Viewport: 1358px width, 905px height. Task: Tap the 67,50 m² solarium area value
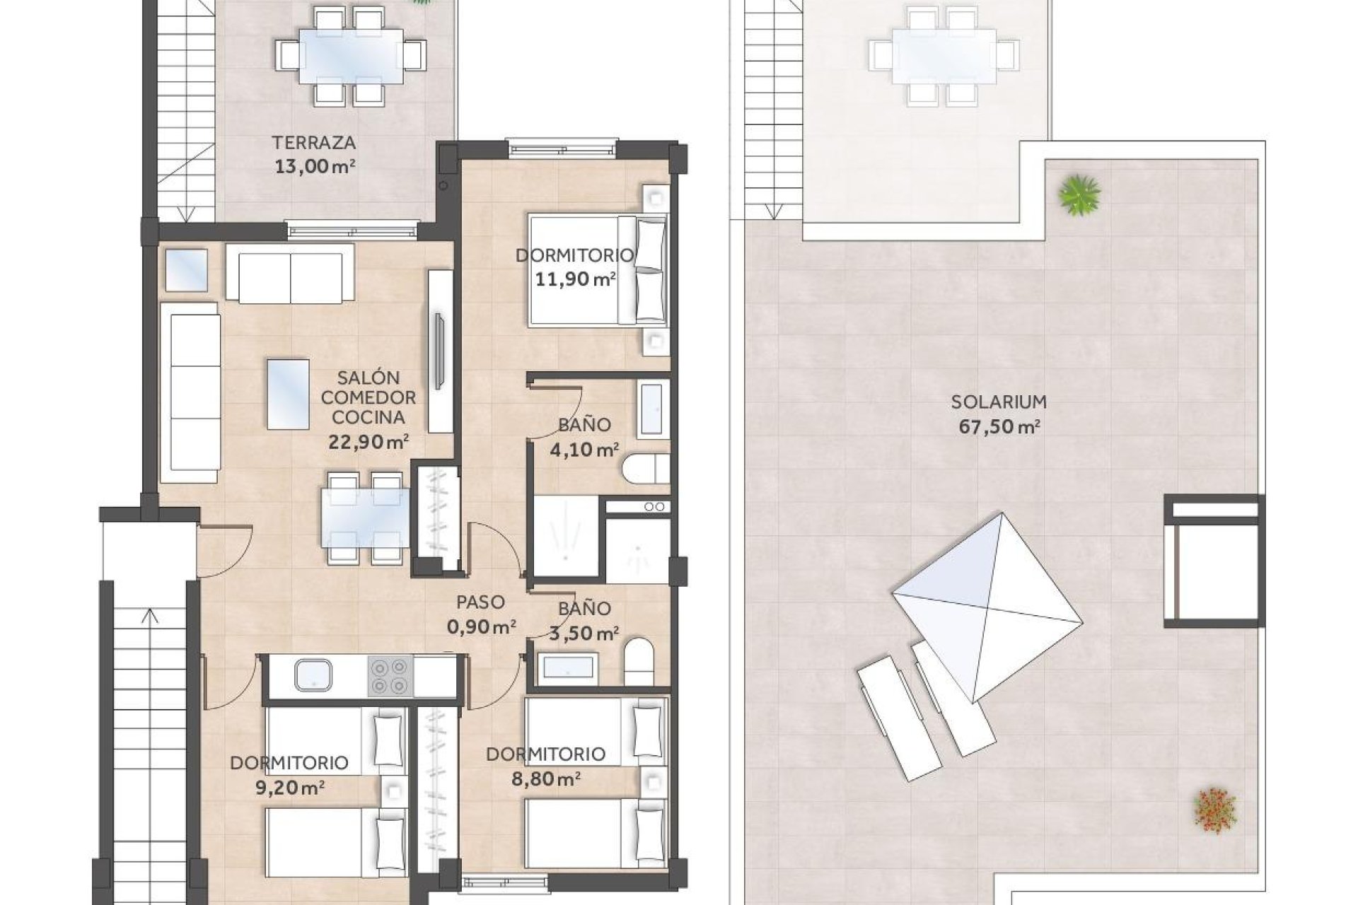pos(999,427)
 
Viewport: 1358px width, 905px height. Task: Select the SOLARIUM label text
pos(998,402)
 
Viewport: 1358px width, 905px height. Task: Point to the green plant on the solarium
pos(1079,194)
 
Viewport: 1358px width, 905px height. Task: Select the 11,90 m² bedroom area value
pos(574,279)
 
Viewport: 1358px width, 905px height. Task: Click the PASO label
pos(480,602)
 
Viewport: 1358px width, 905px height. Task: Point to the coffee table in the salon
pos(288,395)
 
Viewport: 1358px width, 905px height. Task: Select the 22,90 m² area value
pos(368,443)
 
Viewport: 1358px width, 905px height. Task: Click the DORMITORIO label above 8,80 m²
pos(545,754)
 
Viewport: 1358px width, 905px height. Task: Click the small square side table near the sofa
pos(187,269)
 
